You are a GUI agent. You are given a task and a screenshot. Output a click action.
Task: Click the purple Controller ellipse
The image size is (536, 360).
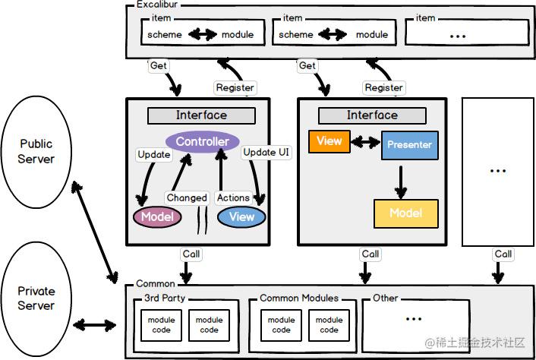point(203,141)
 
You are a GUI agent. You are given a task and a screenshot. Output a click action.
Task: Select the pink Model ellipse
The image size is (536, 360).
point(157,216)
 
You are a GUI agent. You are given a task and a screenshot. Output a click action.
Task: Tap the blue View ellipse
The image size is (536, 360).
point(241,216)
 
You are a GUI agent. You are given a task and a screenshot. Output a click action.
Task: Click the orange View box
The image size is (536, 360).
point(329,141)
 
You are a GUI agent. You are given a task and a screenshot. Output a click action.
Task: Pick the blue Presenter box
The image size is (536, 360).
point(409,145)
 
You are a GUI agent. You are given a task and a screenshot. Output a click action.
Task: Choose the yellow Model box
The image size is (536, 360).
point(405,213)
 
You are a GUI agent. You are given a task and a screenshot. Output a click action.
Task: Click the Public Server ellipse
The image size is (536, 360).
point(36,152)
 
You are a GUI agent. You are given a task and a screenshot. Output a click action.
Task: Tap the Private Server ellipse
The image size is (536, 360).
point(36,298)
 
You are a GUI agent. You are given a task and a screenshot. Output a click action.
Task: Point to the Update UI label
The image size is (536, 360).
point(266,152)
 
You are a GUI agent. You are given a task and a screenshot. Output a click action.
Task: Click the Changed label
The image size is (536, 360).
point(187,197)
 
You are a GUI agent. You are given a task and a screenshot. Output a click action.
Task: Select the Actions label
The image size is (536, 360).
point(233,197)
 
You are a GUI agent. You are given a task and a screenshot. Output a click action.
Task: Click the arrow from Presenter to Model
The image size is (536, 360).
point(401,182)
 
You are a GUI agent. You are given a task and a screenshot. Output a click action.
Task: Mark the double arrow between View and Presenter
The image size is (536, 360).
point(365,142)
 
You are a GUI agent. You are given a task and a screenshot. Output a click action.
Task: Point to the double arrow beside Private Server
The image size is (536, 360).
point(95,325)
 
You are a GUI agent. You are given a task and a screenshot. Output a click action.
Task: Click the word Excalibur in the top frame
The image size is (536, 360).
point(157,5)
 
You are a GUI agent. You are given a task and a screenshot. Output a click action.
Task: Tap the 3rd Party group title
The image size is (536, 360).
point(165,298)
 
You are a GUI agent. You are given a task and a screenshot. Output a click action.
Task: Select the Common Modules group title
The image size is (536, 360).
point(299,298)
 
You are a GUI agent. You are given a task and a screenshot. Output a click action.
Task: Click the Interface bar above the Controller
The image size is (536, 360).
point(201,115)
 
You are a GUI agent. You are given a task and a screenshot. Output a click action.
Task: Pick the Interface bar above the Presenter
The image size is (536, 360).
point(372,115)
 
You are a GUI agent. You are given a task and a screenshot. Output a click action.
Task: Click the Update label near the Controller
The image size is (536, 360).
point(154,154)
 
